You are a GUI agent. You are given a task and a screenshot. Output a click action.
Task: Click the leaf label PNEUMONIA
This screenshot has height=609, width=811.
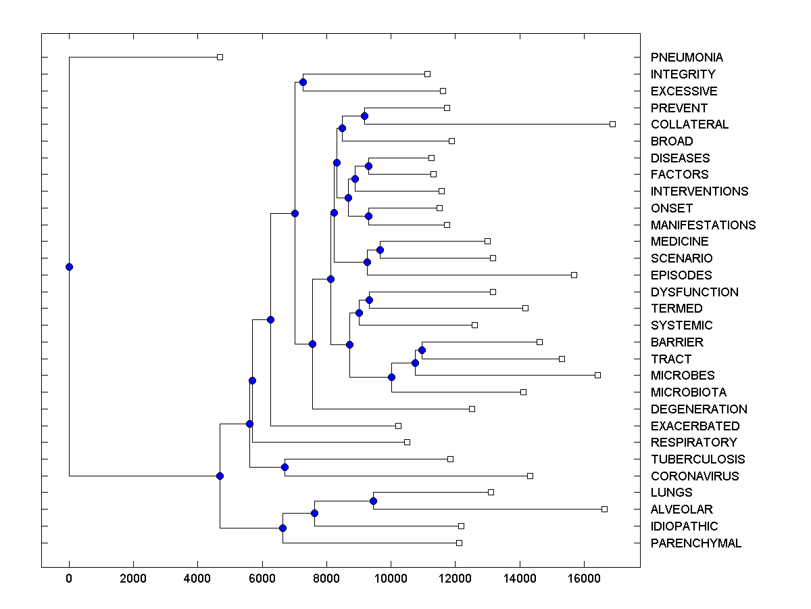point(687,58)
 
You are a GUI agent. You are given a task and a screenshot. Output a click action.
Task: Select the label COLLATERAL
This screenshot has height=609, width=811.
point(689,125)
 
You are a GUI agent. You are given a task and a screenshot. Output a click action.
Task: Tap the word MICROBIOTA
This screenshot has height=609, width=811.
point(688,392)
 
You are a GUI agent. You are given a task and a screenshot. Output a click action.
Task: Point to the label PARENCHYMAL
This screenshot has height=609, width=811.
point(695,543)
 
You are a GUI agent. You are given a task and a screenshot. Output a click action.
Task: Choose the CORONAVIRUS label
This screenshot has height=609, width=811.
point(694,476)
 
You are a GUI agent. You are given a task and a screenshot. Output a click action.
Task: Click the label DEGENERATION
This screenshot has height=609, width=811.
point(699,409)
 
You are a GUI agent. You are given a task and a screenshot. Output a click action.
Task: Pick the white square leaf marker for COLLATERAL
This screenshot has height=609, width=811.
point(612,124)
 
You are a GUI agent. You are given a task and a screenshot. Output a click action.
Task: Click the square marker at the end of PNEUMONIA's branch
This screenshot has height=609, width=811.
point(220,57)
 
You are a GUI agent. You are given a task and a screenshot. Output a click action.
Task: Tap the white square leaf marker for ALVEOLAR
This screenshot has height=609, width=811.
point(604,509)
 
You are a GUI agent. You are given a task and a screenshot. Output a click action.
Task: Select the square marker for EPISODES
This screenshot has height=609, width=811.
point(574,275)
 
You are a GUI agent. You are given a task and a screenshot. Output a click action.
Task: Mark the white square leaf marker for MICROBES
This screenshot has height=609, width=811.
point(597,375)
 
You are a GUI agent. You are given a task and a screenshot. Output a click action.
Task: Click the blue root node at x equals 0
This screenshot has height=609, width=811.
point(69,267)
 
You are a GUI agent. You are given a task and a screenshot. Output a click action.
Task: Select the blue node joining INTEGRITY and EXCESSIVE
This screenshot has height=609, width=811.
point(303,82)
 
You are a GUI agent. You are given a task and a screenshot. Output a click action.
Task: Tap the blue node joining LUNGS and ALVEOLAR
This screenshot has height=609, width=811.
point(373,501)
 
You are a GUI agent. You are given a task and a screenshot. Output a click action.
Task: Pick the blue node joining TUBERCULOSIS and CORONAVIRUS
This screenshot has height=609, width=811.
point(285,467)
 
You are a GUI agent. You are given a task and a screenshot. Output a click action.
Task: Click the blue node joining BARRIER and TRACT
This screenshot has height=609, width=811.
point(422,350)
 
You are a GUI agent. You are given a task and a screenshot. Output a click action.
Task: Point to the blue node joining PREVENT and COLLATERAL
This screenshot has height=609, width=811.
point(364,116)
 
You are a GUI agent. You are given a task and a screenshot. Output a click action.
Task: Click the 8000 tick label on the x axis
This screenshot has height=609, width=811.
point(326,578)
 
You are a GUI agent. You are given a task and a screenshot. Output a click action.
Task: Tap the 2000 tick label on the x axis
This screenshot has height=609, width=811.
point(133,578)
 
